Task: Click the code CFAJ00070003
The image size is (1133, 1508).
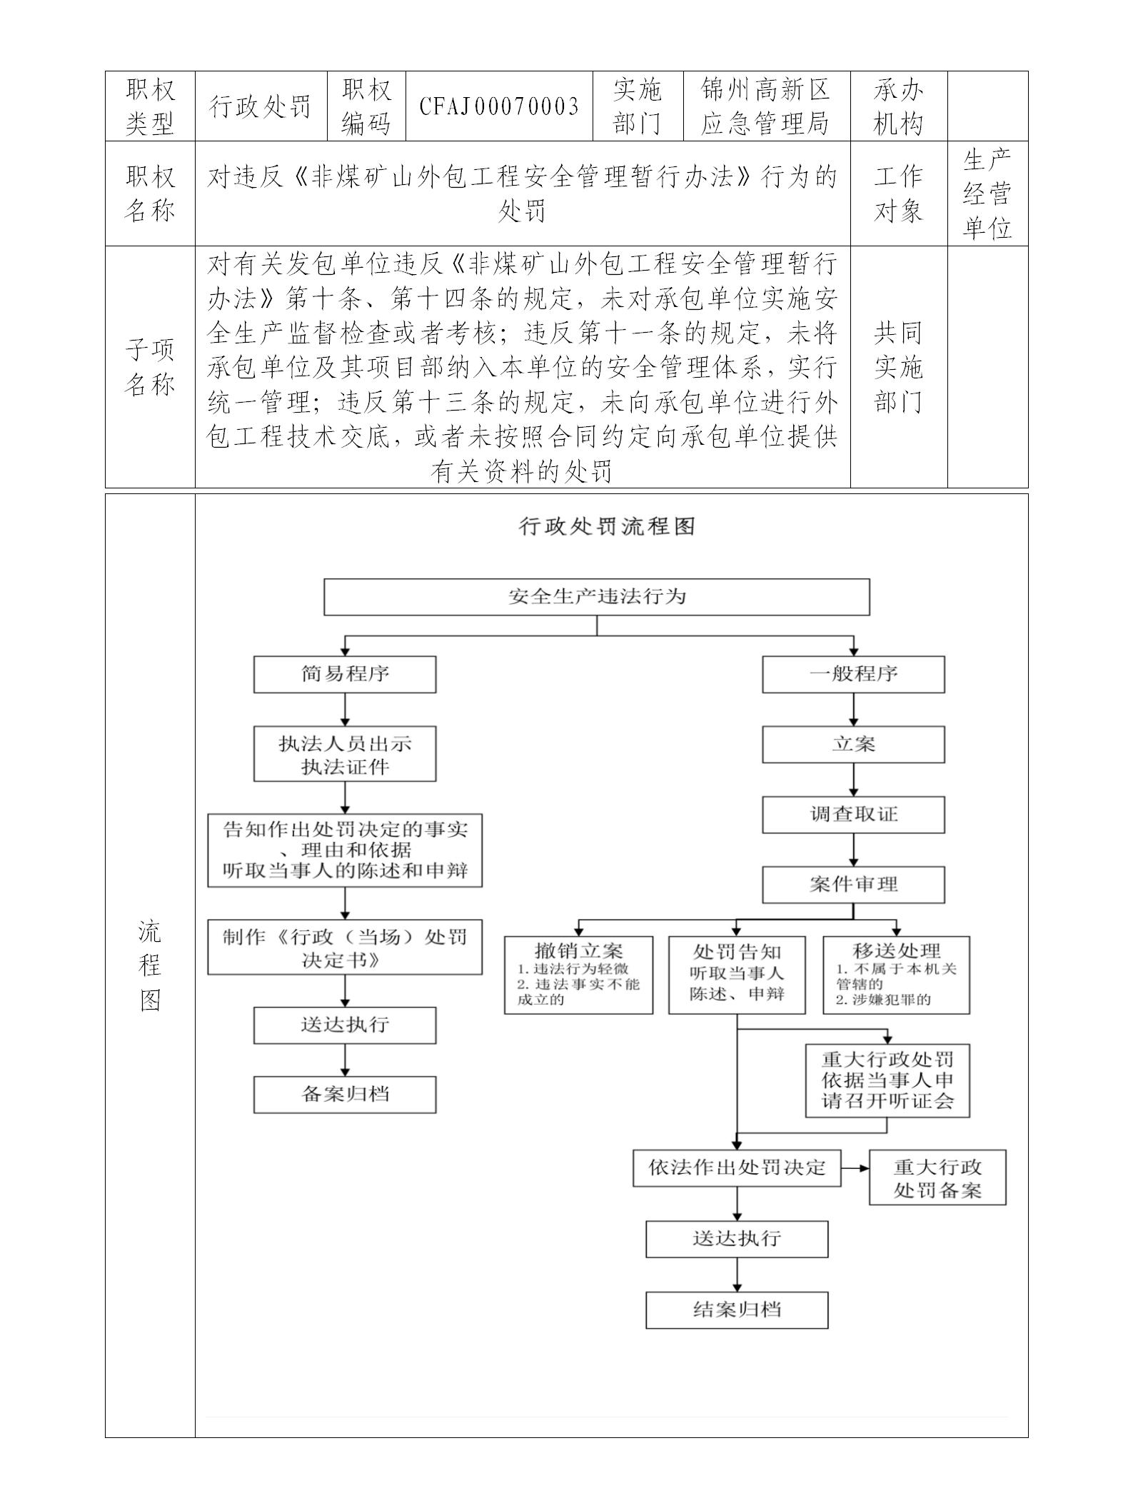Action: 499,106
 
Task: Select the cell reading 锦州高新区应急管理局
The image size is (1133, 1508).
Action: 765,106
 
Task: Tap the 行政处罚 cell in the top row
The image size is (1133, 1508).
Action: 261,106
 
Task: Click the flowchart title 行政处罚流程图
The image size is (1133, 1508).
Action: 607,527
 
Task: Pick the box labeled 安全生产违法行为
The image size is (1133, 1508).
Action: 597,597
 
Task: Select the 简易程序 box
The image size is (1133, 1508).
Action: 345,674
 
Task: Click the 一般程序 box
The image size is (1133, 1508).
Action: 853,674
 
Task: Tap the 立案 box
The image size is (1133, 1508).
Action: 853,744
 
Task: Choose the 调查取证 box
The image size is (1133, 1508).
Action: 853,815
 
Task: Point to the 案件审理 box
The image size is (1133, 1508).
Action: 853,885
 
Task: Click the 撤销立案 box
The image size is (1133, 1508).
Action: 578,975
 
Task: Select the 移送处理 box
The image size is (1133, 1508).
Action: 896,975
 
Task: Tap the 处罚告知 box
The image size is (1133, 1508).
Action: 737,975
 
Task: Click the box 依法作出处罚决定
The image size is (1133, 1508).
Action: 737,1167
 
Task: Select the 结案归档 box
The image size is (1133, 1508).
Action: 737,1310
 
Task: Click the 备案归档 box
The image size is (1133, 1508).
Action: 345,1095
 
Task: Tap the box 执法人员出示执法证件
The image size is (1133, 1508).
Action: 345,755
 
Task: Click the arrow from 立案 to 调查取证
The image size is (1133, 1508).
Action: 854,780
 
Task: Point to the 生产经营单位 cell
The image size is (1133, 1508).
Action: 987,193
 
